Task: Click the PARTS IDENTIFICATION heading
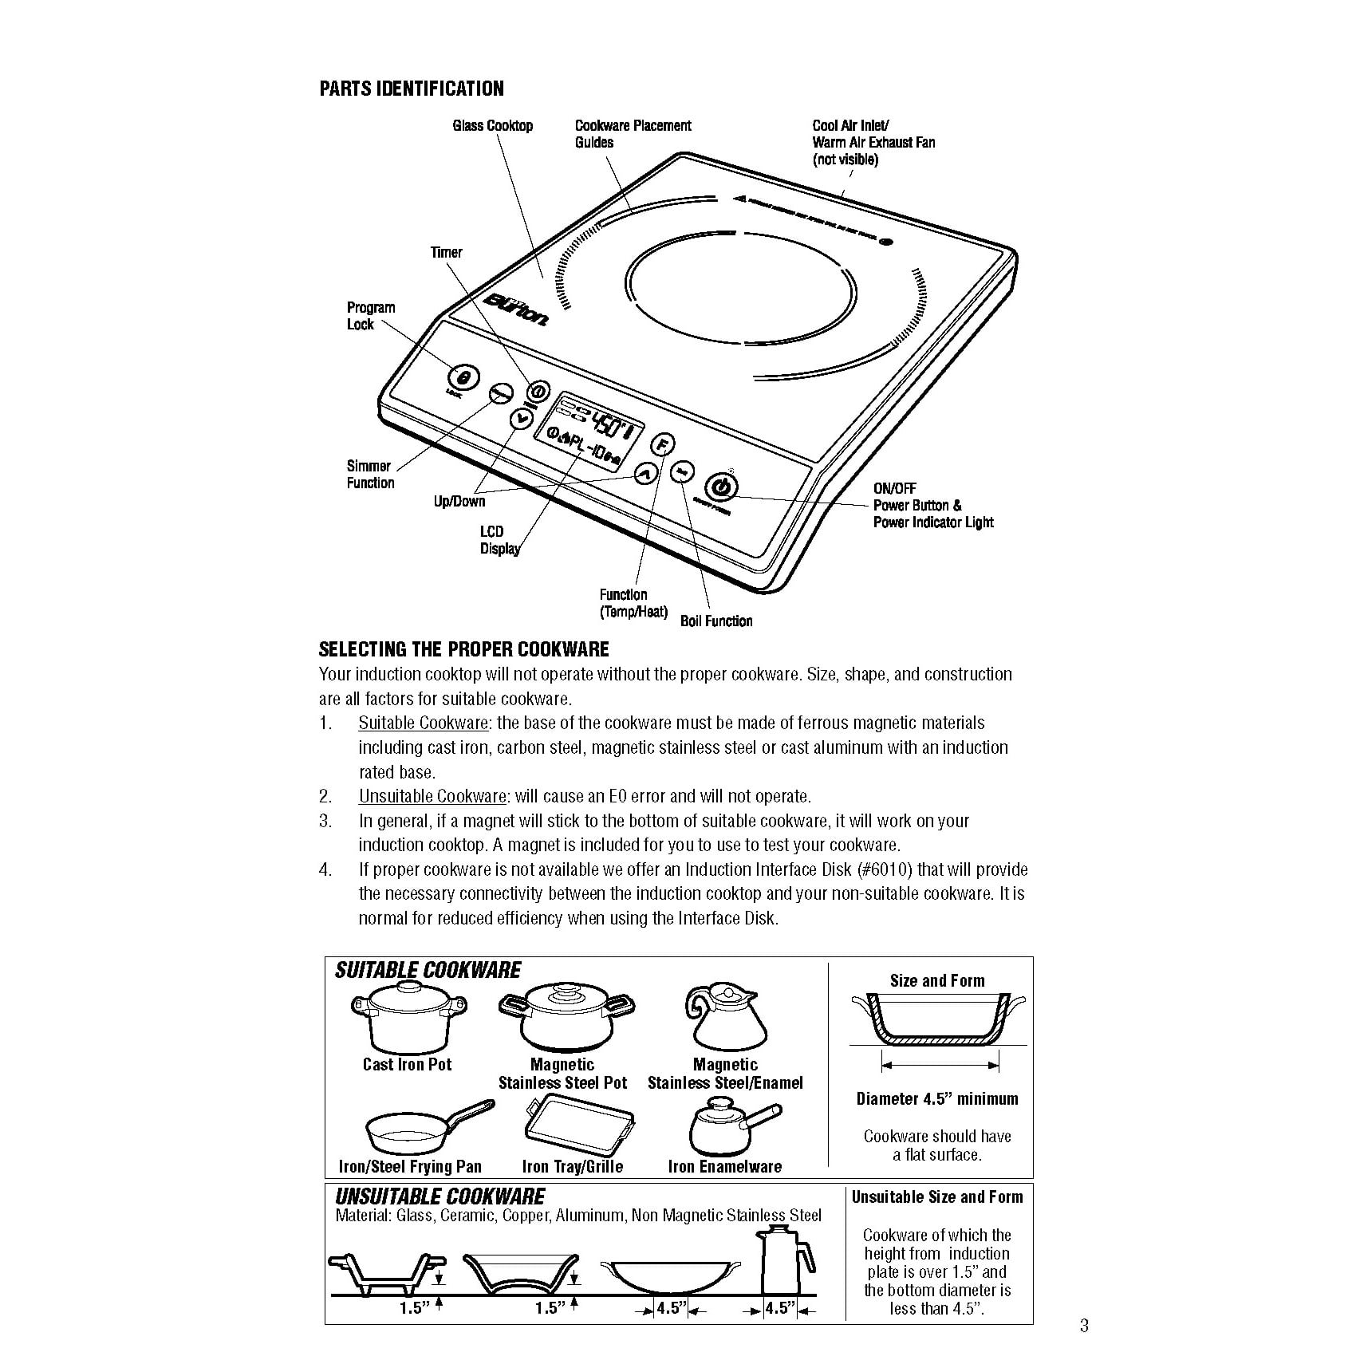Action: point(411,89)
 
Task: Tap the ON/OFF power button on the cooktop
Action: point(720,487)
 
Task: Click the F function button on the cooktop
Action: point(664,444)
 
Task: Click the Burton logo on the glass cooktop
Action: point(515,309)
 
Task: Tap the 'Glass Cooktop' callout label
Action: point(492,126)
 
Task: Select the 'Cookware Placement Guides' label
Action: point(633,134)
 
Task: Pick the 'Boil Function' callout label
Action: point(715,621)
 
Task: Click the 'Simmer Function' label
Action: point(370,475)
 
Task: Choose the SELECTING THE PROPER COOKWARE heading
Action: point(463,649)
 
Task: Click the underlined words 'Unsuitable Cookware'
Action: point(432,796)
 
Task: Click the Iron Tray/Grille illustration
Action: point(579,1125)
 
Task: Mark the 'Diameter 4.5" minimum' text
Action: point(937,1099)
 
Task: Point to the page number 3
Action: point(1083,1326)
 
